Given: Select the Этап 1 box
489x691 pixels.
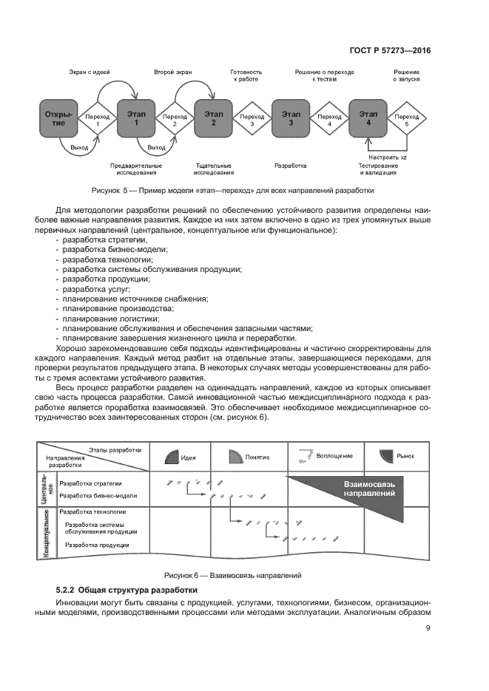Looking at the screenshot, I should (136, 120).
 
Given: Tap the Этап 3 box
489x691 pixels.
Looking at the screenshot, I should (291, 120).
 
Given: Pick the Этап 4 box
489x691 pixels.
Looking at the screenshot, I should (368, 120).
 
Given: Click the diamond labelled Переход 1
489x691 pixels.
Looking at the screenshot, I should (97, 120).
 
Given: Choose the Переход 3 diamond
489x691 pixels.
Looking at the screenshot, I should (252, 120).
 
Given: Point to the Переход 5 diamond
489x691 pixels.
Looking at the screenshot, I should (406, 120).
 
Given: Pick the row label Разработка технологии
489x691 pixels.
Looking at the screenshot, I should (92, 511).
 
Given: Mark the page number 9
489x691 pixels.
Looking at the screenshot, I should (428, 629).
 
